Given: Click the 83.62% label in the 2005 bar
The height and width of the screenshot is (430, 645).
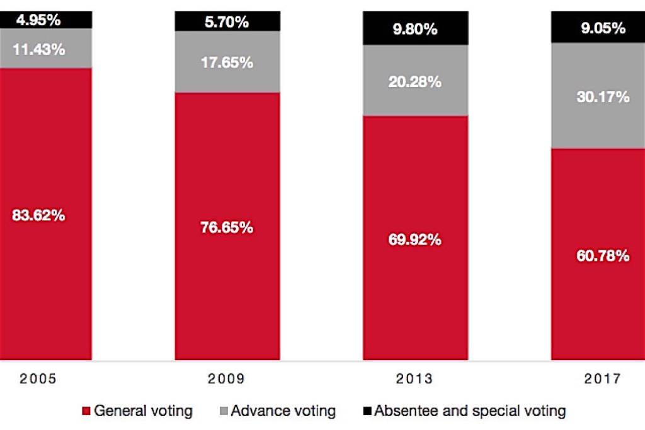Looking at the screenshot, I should tap(38, 214).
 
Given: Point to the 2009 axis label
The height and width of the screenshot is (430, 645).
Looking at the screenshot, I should tap(227, 379).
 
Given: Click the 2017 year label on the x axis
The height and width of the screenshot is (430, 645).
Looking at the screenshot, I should tap(602, 379).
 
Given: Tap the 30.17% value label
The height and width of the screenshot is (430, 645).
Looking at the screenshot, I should tap(603, 97).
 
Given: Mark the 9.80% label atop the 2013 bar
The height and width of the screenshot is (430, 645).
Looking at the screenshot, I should tap(415, 30).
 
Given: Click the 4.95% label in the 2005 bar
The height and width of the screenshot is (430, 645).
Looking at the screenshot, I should tap(38, 20).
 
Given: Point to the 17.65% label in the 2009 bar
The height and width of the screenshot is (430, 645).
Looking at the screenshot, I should tap(227, 62).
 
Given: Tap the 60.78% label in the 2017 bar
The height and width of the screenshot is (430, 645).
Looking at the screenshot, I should tap(603, 256).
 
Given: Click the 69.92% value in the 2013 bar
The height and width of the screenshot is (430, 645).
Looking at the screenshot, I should tap(415, 240).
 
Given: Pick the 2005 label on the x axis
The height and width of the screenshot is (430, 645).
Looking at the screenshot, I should tap(38, 379).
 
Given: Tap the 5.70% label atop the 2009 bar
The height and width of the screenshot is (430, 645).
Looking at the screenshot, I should tap(227, 22).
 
